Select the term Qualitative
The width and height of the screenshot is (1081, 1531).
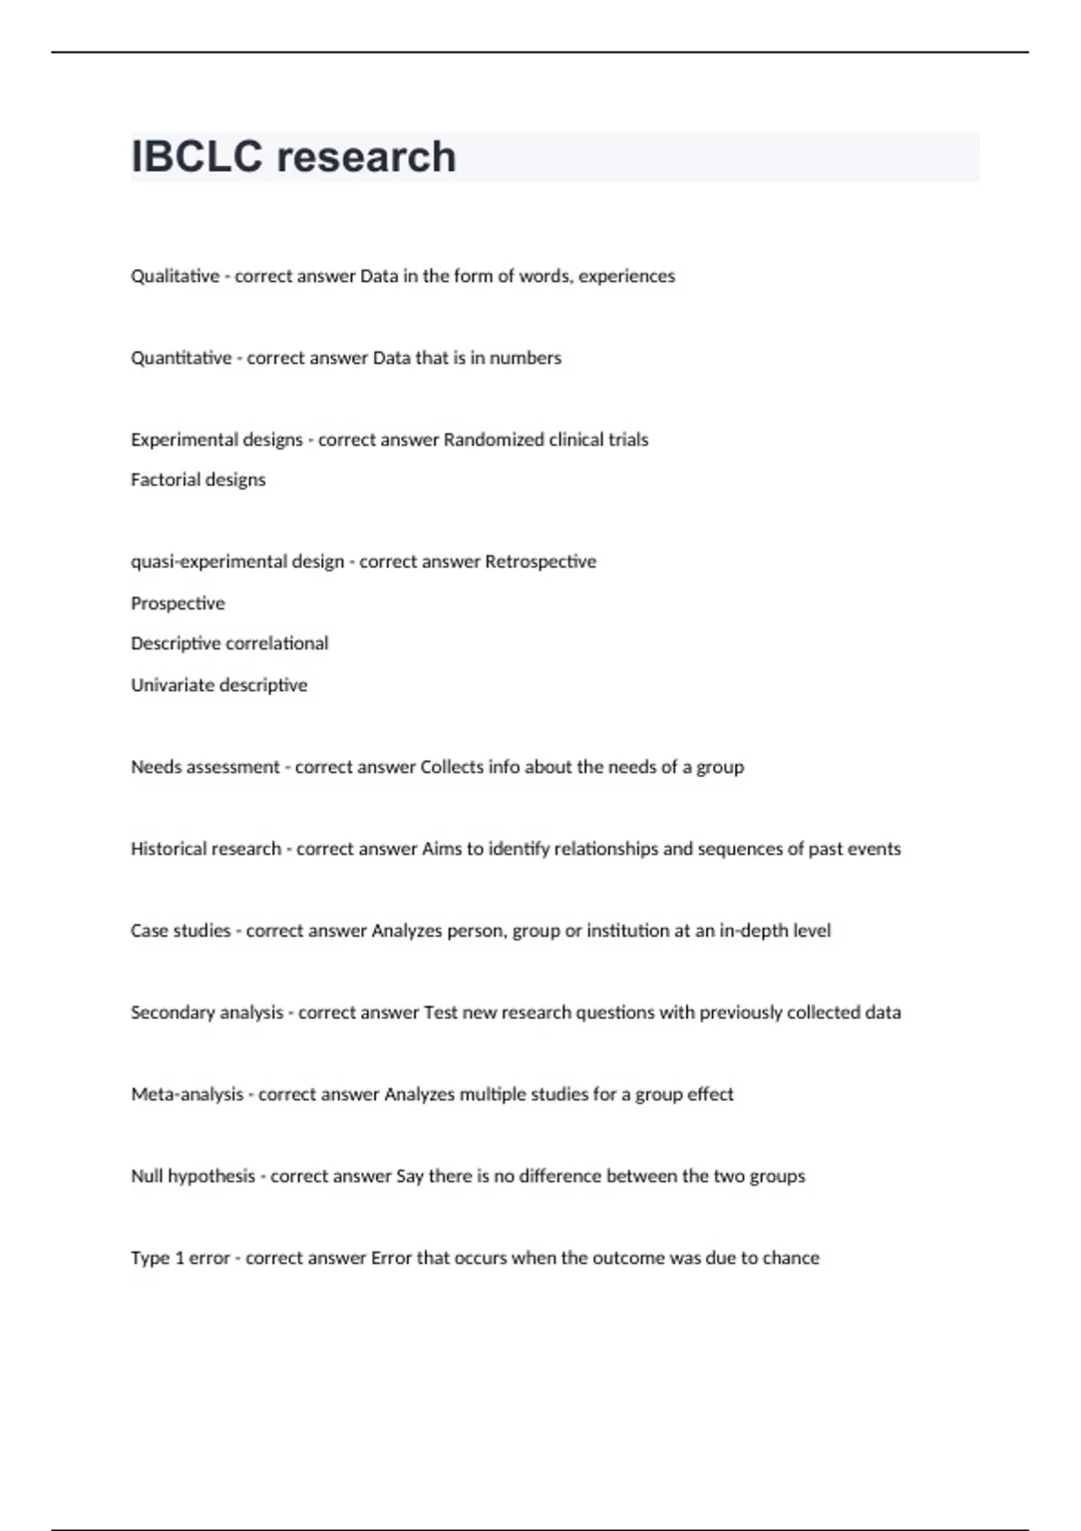[x=175, y=276]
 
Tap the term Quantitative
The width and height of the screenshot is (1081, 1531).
[x=181, y=358]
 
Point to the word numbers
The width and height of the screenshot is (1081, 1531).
[x=525, y=358]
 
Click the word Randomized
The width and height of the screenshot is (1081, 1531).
[x=494, y=439]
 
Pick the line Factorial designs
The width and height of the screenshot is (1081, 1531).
[x=198, y=479]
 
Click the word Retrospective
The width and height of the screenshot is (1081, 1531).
[x=540, y=561]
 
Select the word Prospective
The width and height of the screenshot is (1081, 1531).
[x=177, y=602]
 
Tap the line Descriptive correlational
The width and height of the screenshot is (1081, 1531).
[x=230, y=643]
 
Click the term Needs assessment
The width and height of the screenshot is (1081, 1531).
[x=205, y=766]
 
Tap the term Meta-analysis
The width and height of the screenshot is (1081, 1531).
[x=187, y=1094]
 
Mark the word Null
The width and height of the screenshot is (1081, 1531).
[x=146, y=1176]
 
